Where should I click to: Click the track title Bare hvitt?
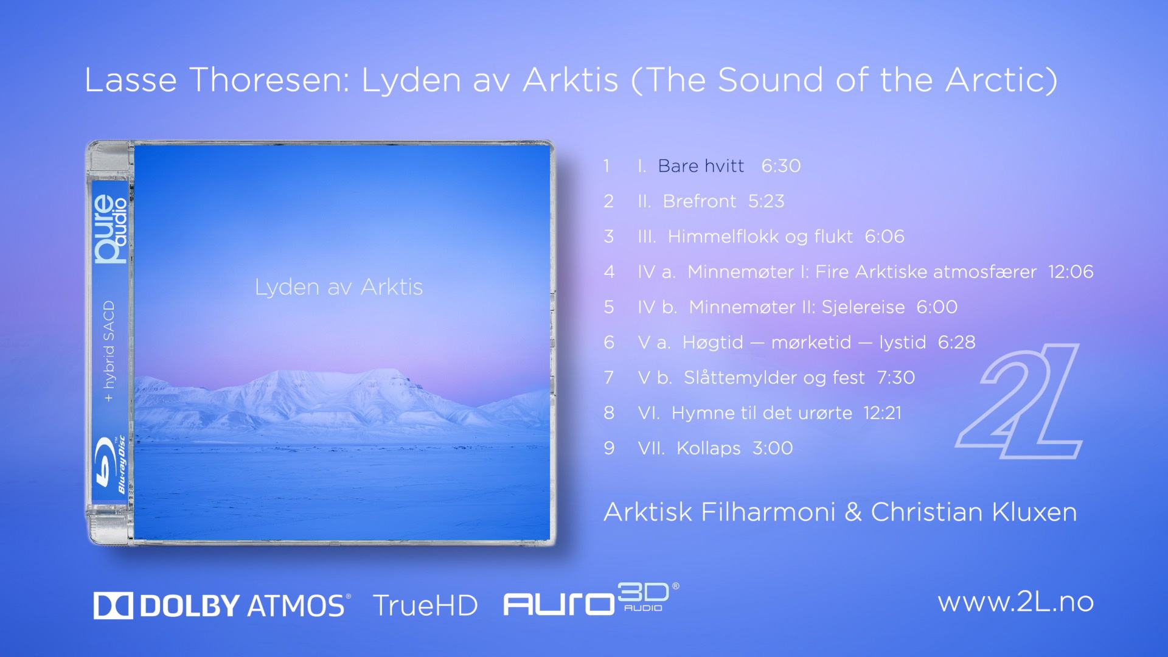pyautogui.click(x=701, y=166)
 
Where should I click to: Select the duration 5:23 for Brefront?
pyautogui.click(x=766, y=201)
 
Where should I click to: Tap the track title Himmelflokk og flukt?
pyautogui.click(x=760, y=237)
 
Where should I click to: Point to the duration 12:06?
pyautogui.click(x=1071, y=272)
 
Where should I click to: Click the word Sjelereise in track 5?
pyautogui.click(x=863, y=307)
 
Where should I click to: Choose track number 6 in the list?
pyautogui.click(x=609, y=342)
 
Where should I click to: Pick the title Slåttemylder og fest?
pyautogui.click(x=774, y=378)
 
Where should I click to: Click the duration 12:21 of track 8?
pyautogui.click(x=883, y=413)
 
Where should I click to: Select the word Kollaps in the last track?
pyautogui.click(x=709, y=448)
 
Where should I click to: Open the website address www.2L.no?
pyautogui.click(x=1016, y=602)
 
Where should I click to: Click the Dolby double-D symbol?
pyautogui.click(x=113, y=606)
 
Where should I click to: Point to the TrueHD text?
pyautogui.click(x=425, y=606)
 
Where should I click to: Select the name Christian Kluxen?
pyautogui.click(x=974, y=512)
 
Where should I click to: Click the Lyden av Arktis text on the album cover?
pyautogui.click(x=339, y=287)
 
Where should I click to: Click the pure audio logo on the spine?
pyautogui.click(x=111, y=229)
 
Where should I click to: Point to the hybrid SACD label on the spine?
pyautogui.click(x=109, y=351)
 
